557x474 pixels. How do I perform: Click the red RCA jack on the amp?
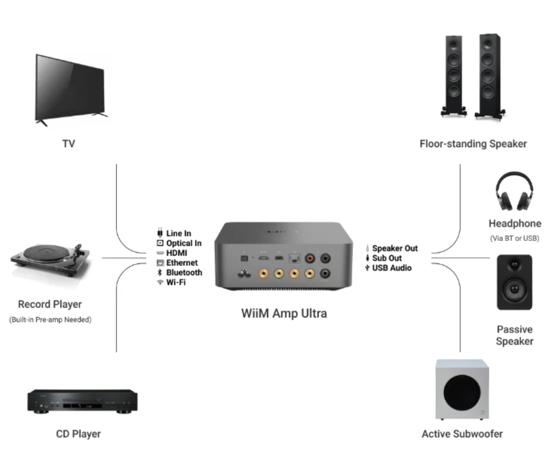click(x=310, y=258)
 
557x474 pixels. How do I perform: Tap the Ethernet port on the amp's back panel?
click(x=294, y=258)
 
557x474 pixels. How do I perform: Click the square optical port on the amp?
click(x=244, y=258)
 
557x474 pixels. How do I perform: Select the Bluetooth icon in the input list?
click(x=160, y=272)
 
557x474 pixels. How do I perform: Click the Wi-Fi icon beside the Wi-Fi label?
click(x=160, y=282)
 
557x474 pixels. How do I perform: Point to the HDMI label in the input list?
click(x=176, y=253)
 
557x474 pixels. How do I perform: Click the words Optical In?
click(x=184, y=243)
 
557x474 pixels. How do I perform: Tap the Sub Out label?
click(x=387, y=258)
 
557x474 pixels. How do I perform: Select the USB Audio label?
click(x=392, y=268)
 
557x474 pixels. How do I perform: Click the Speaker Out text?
click(x=395, y=248)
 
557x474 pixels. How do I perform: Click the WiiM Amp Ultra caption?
click(x=284, y=313)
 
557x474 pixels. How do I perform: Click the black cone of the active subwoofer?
click(x=462, y=392)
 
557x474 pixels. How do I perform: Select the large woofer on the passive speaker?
click(x=514, y=289)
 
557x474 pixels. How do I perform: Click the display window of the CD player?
click(x=82, y=406)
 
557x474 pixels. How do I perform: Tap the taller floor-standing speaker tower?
click(x=489, y=75)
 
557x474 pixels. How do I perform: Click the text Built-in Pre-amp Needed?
click(x=50, y=320)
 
